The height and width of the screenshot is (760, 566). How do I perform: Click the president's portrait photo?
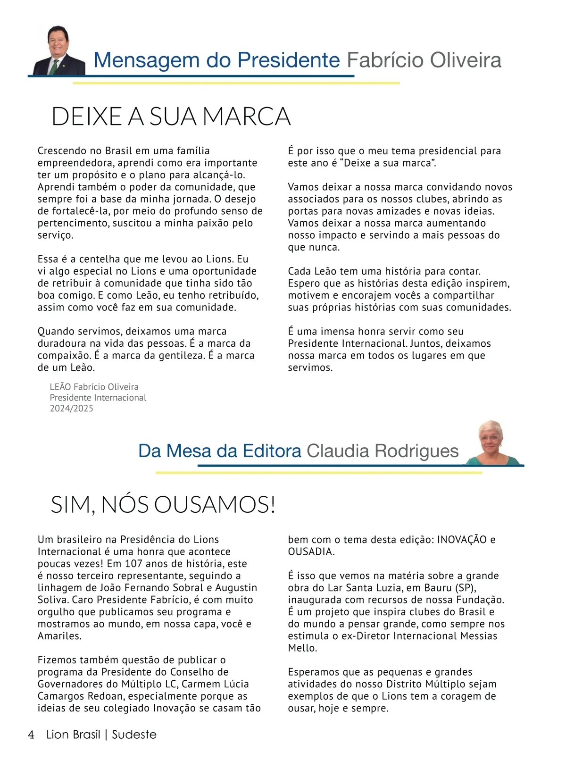click(59, 51)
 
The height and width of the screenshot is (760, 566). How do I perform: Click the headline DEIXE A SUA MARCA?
click(171, 117)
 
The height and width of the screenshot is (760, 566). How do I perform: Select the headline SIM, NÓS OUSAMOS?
click(163, 505)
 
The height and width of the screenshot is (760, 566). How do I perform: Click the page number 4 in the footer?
click(31, 735)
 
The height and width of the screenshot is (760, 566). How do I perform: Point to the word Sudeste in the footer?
click(134, 735)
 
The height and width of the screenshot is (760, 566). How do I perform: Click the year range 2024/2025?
click(72, 409)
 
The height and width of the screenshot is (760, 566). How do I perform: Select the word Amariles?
click(59, 636)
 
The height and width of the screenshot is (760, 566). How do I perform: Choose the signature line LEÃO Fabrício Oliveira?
click(94, 387)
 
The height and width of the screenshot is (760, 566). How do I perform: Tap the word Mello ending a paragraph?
click(302, 648)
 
